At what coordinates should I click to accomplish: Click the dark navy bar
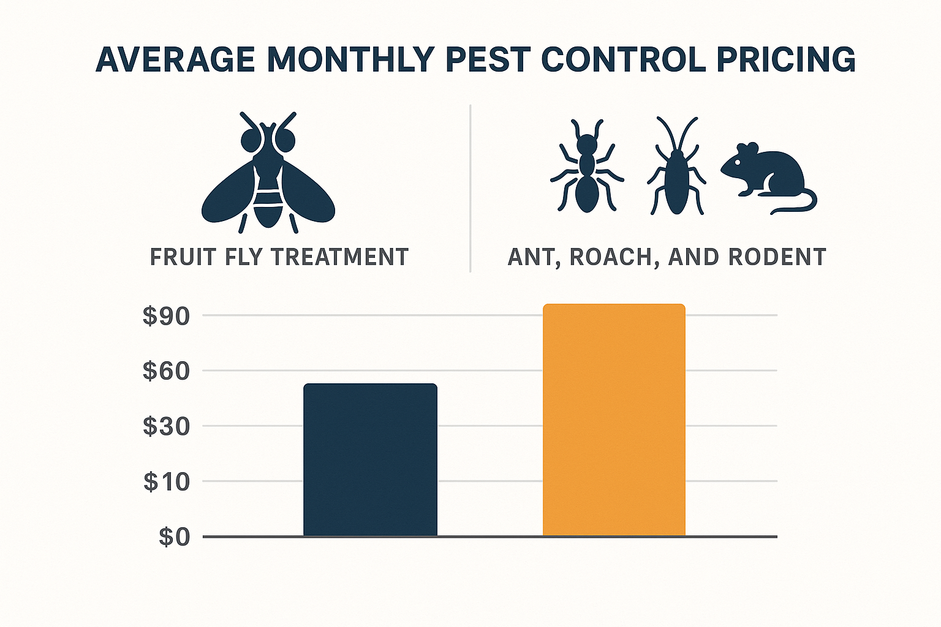point(370,460)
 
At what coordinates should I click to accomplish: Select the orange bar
point(614,420)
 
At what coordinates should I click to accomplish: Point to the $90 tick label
point(167,316)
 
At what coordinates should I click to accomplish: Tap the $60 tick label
point(167,371)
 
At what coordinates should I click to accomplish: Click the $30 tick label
point(167,426)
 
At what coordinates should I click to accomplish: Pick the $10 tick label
point(167,482)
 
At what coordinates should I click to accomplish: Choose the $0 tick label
point(174,537)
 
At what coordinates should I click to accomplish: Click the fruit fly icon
point(268,175)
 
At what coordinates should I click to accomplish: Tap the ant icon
point(586,167)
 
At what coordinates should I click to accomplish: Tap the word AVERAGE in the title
point(175,60)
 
